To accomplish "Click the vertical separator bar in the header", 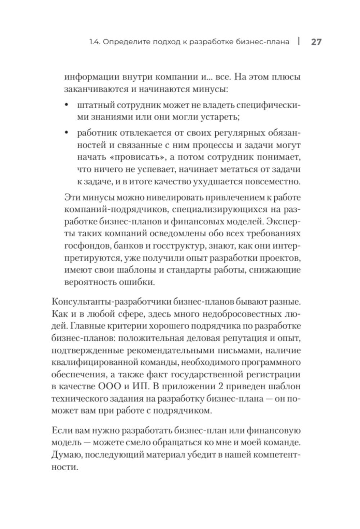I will (299, 41).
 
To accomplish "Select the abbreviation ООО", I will (110, 387).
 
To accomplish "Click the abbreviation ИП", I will (141, 387).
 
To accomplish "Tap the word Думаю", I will (67, 455).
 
